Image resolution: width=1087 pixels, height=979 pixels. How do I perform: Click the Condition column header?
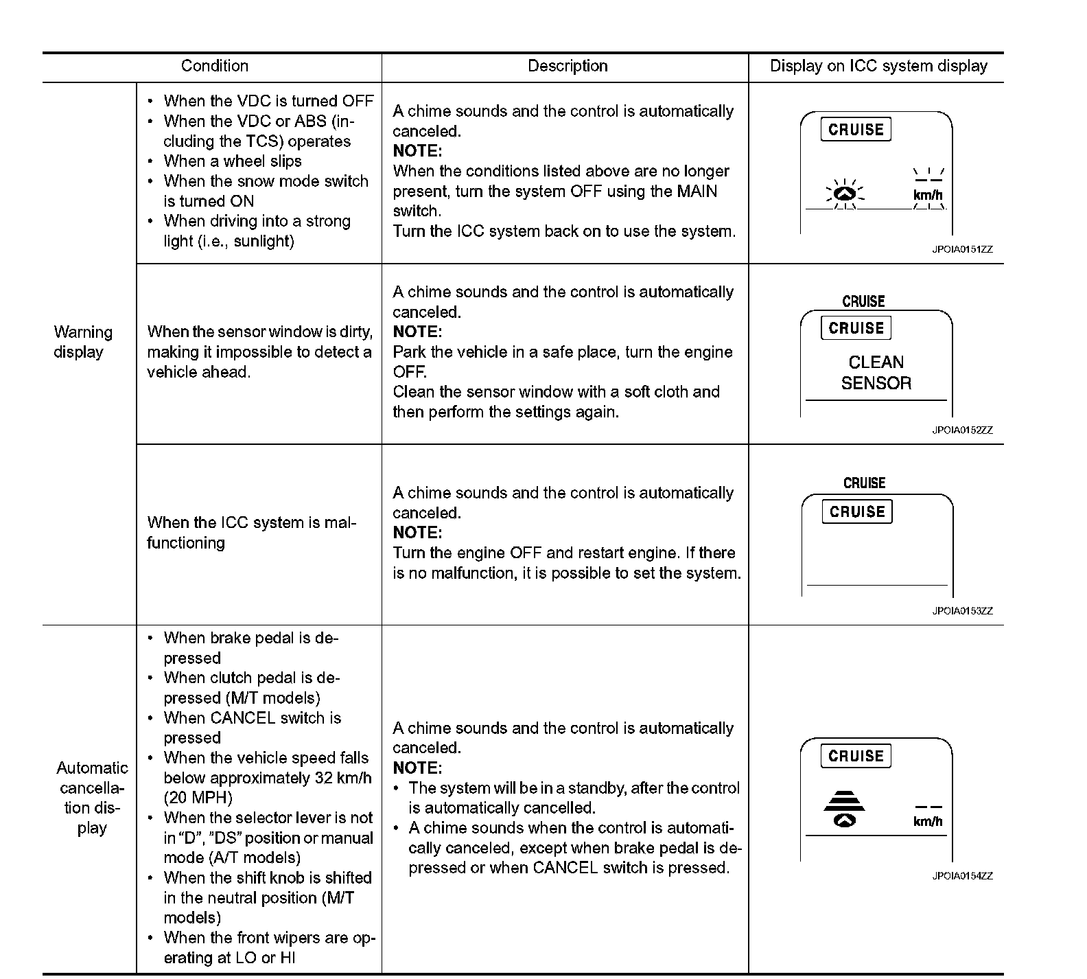pos(214,66)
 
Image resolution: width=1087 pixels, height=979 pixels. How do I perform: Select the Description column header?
pos(568,66)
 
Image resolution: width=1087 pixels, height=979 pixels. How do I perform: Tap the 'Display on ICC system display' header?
pos(878,66)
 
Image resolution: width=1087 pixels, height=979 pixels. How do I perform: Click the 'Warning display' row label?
pos(82,342)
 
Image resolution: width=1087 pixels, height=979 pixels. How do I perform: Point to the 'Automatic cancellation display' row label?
pos(92,798)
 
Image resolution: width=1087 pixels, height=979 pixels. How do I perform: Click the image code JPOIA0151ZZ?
pos(962,249)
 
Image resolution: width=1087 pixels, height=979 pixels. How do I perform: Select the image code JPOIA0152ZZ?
pos(962,430)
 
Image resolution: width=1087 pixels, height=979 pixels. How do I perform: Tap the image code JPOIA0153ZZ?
pos(962,611)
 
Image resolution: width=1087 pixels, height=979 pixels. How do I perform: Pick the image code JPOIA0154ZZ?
pos(962,876)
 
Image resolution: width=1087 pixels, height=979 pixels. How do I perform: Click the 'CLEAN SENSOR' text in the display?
pos(876,373)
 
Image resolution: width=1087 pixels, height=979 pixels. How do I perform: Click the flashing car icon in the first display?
pos(845,194)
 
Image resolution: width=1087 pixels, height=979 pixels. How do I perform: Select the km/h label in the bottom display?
pos(928,822)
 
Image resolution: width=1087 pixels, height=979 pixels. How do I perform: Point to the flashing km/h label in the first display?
pos(928,195)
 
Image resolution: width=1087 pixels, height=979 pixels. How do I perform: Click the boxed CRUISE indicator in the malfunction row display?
pos(857,511)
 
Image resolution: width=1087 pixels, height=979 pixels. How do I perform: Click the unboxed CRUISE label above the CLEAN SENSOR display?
pos(863,301)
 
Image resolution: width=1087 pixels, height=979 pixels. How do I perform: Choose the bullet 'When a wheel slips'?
pos(233,161)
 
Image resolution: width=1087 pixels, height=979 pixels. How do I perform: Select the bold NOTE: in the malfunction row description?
pos(417,533)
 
